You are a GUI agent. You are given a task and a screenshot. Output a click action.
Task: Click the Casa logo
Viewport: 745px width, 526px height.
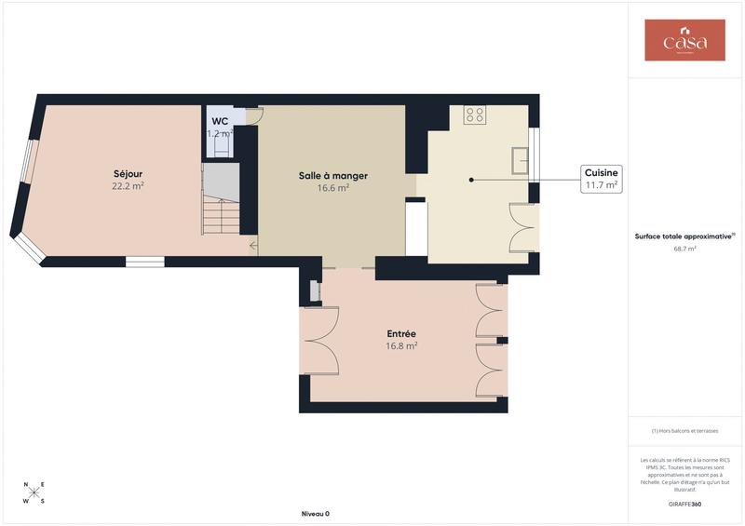click(x=684, y=40)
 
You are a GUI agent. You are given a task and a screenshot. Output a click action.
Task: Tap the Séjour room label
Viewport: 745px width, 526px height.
click(x=128, y=174)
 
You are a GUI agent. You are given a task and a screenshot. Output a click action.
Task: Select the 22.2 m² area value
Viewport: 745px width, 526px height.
click(x=128, y=186)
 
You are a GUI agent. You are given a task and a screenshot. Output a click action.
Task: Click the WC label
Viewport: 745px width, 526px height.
click(x=220, y=122)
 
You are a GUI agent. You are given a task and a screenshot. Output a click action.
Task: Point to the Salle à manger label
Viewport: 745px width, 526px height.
click(x=332, y=175)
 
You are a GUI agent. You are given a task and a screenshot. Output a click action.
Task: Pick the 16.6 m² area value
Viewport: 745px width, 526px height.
click(x=332, y=188)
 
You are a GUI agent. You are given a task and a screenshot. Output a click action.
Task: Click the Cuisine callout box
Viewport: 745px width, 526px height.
click(x=601, y=179)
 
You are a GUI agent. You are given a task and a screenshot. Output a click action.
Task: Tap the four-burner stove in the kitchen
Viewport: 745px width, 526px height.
click(x=474, y=115)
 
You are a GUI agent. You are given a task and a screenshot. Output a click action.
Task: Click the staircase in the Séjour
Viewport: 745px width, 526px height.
click(x=221, y=209)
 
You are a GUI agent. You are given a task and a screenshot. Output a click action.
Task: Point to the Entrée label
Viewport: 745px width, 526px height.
click(x=401, y=333)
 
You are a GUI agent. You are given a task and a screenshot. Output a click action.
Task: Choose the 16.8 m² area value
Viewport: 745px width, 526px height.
click(x=401, y=345)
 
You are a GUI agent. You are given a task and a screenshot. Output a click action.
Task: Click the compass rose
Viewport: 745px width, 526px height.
click(x=34, y=492)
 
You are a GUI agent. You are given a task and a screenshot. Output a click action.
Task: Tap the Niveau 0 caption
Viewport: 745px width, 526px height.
click(x=315, y=514)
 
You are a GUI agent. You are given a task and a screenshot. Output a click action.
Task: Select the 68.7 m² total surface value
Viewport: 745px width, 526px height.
click(x=684, y=250)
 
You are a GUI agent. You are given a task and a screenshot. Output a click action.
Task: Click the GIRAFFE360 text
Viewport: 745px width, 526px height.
click(x=684, y=504)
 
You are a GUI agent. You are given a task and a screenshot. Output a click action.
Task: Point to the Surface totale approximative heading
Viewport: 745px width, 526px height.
click(x=684, y=236)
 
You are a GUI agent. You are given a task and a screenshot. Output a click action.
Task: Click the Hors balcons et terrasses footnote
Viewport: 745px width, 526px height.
click(x=684, y=431)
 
